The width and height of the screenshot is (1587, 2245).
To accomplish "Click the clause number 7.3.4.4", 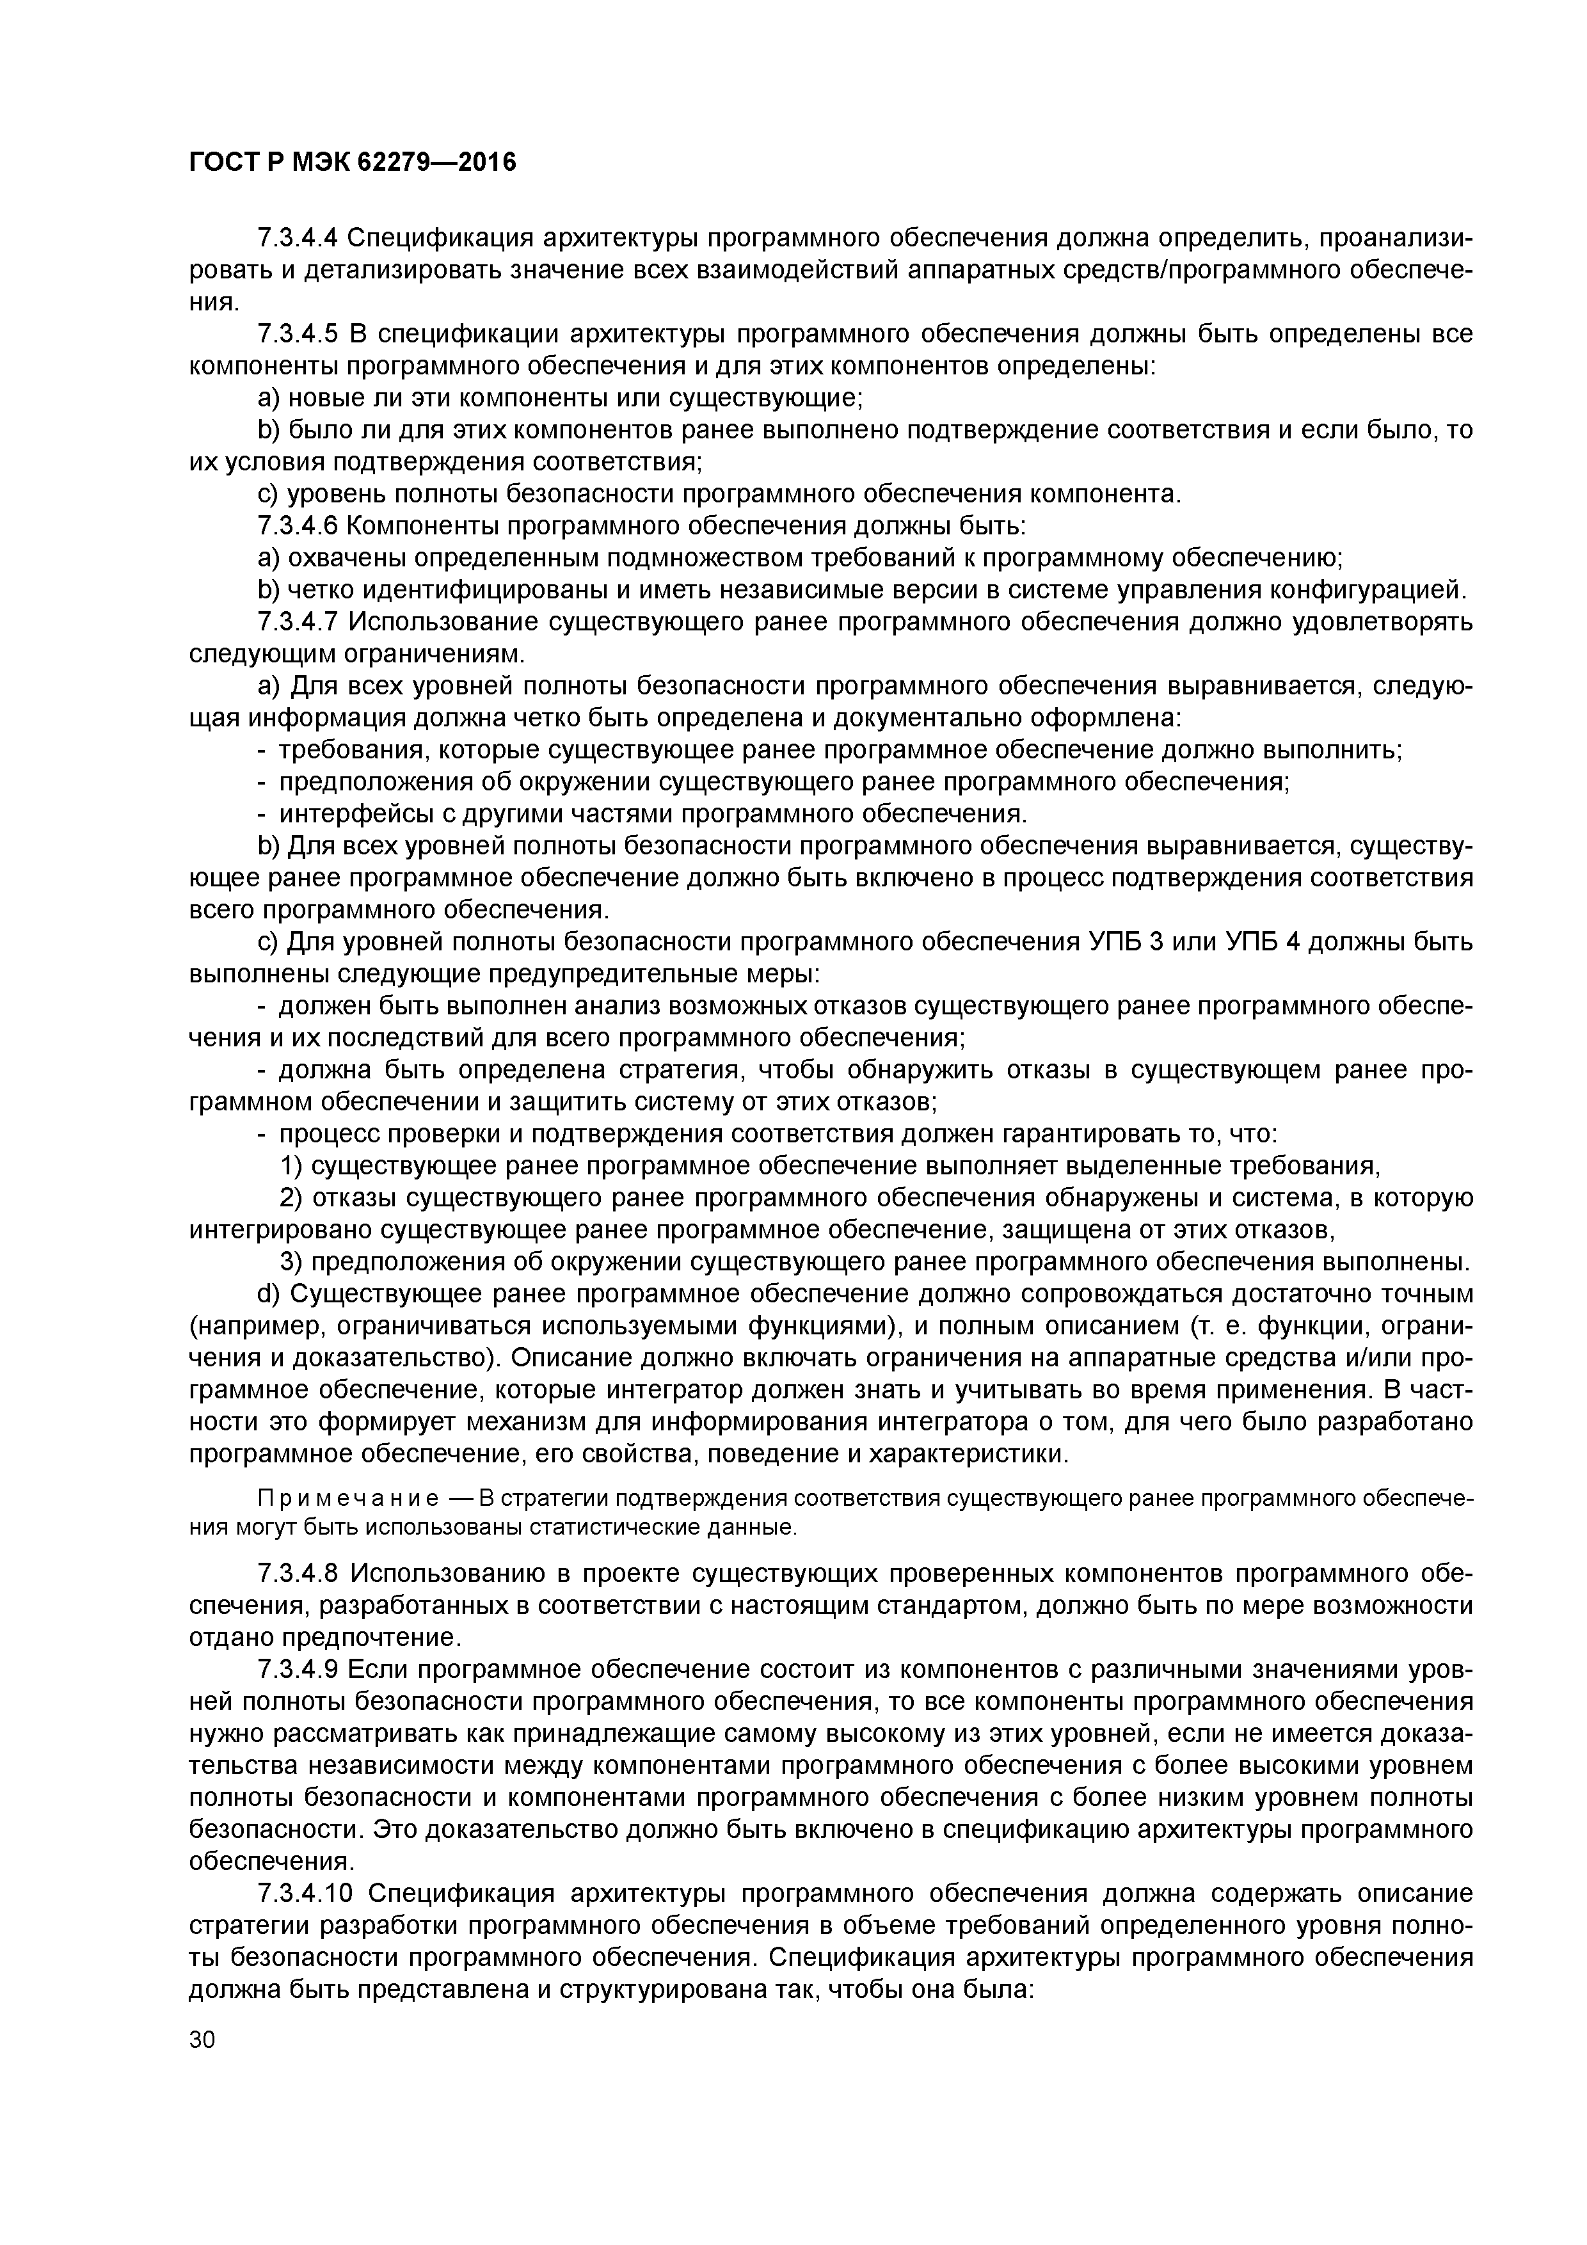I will pos(298,237).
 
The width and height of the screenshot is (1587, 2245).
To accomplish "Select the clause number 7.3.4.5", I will pos(298,335).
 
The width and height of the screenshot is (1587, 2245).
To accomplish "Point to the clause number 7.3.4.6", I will pos(298,526).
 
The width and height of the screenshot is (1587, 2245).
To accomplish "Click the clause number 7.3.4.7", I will pos(298,622).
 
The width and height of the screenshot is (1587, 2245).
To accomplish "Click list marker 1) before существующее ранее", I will pos(291,1167).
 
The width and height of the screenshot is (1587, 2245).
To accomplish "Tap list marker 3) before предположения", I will pos(291,1262).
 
